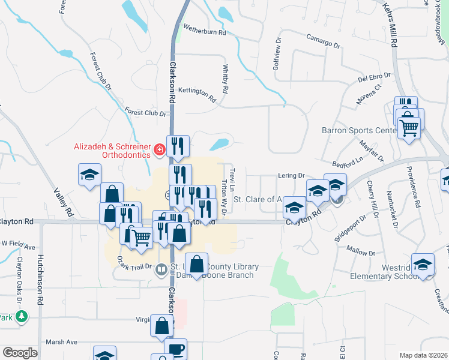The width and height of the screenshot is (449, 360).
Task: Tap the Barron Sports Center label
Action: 358,130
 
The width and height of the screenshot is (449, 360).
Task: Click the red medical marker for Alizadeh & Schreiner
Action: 159,149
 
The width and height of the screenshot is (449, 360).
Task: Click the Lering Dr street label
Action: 292,175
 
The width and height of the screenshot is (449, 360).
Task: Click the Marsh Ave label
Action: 63,342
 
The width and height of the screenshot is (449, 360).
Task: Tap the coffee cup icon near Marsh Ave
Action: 175,350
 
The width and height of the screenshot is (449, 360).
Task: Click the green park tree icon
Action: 22,316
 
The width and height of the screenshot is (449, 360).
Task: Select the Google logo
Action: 20,353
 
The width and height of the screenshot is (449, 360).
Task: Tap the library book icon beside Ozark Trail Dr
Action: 161,270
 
